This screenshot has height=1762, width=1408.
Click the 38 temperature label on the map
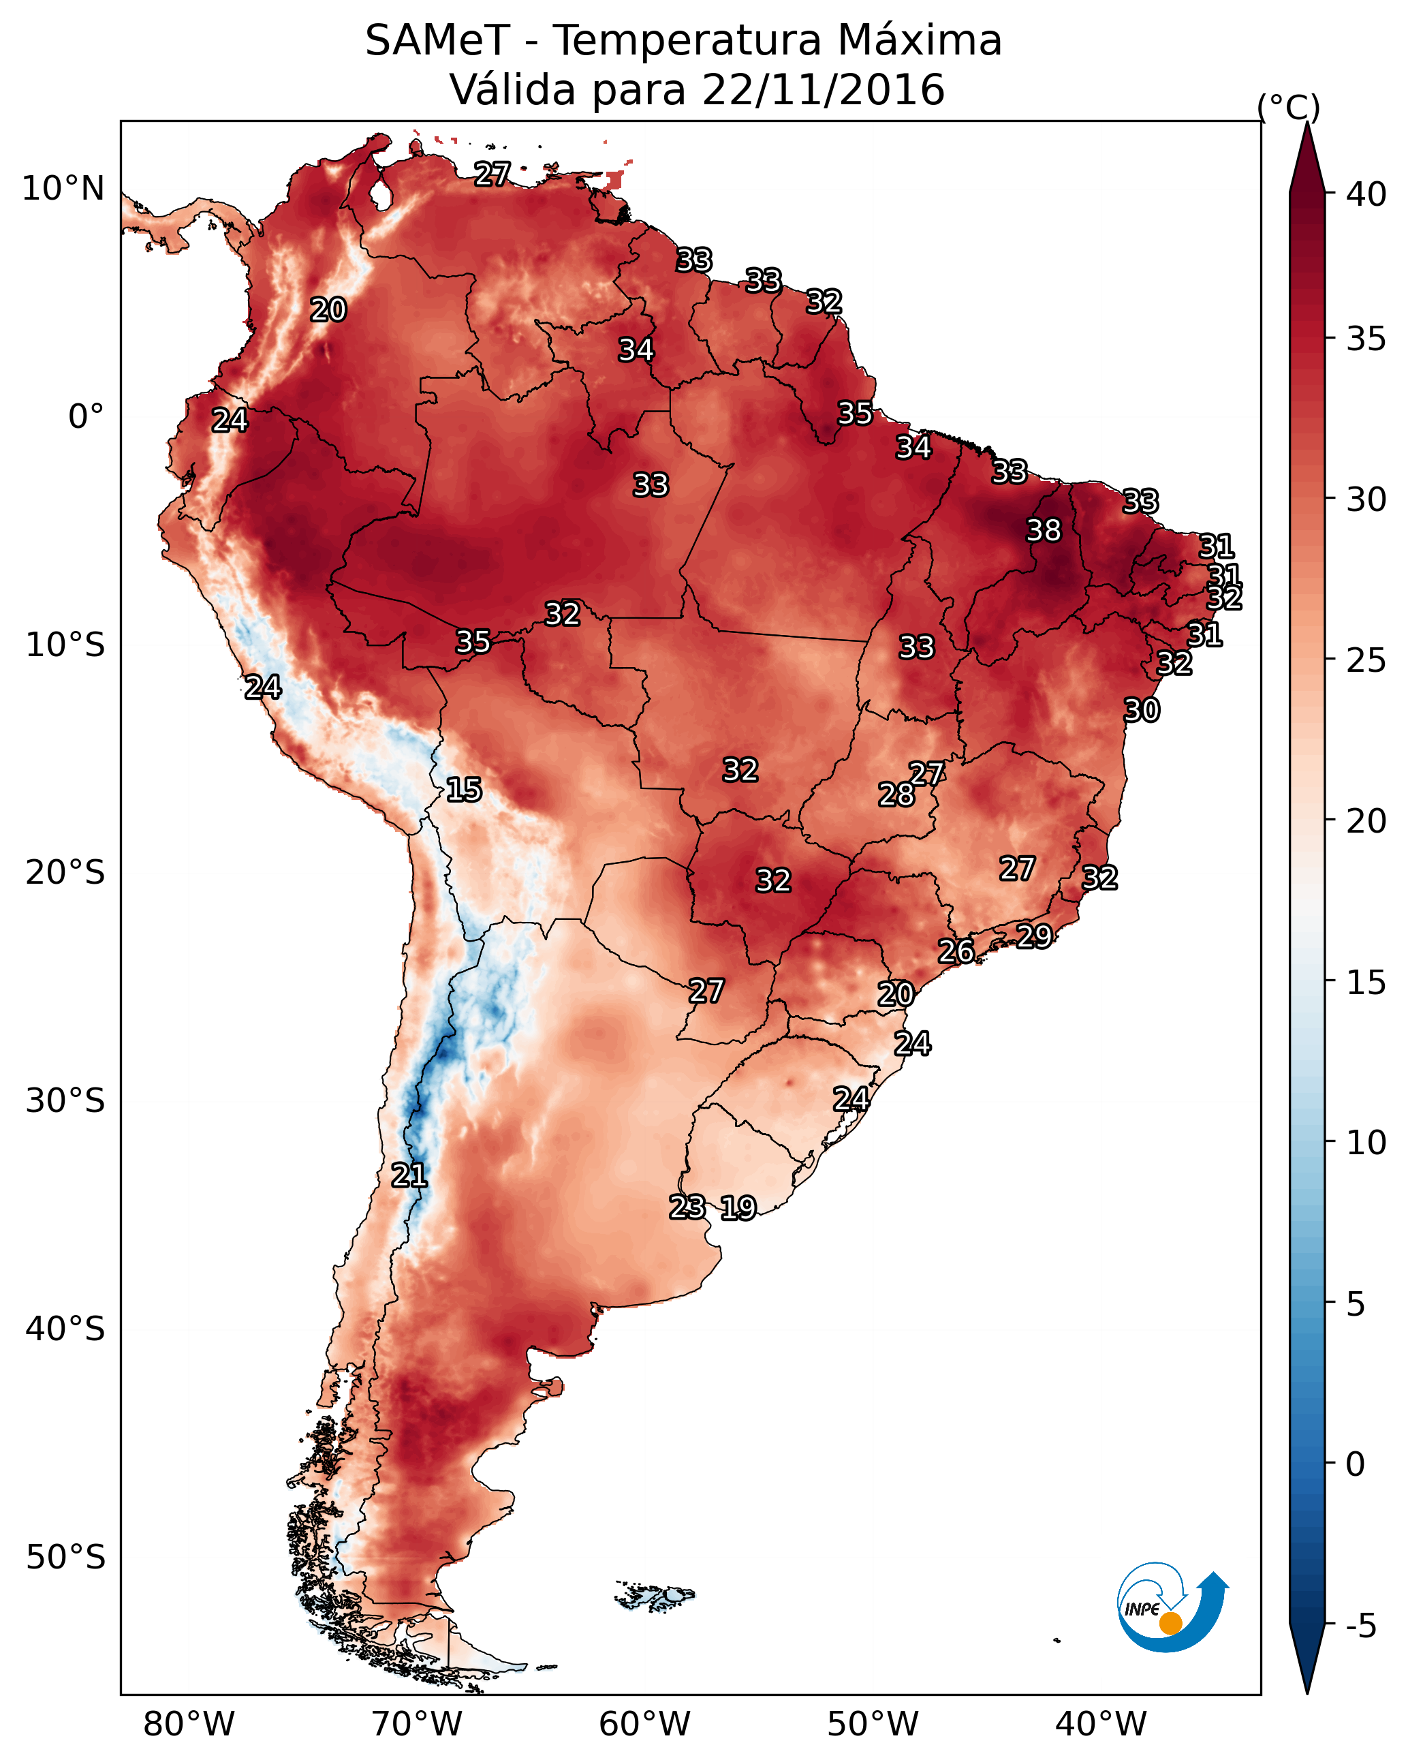(x=1044, y=530)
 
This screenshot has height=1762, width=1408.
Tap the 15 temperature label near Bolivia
(x=463, y=790)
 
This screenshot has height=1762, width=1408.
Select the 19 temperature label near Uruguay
(x=738, y=1208)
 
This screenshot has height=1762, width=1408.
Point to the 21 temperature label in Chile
(x=409, y=1175)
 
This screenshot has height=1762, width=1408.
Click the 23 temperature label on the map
(x=687, y=1207)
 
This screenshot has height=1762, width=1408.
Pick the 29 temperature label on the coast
(x=1034, y=936)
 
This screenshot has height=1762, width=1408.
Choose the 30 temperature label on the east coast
(x=1142, y=710)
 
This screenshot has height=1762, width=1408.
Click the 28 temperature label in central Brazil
(x=896, y=794)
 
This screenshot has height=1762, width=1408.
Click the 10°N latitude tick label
(x=63, y=189)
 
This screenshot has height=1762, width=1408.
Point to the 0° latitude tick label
(x=87, y=417)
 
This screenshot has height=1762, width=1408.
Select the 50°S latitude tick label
(x=65, y=1558)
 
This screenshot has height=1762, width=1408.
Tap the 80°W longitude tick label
(x=189, y=1725)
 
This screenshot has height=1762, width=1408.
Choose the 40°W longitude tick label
(x=1101, y=1725)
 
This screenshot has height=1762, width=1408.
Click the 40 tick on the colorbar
(x=1366, y=194)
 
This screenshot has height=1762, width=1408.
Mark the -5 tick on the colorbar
(x=1362, y=1626)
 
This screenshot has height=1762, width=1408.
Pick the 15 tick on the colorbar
(x=1366, y=983)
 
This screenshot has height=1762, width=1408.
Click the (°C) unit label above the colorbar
(x=1289, y=107)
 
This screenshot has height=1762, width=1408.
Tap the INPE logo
(x=1173, y=1607)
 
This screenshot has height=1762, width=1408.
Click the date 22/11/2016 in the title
(x=823, y=90)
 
